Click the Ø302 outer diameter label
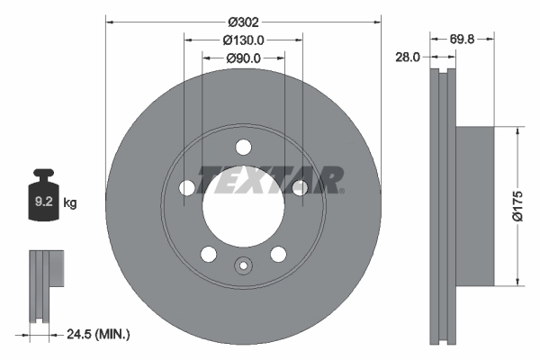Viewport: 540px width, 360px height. [243, 20]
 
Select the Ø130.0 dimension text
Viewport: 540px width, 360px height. [243, 40]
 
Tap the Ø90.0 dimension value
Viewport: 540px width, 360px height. [243, 58]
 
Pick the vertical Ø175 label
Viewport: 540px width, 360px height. [517, 205]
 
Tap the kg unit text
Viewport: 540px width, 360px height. [70, 203]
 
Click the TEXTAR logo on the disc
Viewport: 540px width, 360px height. [271, 179]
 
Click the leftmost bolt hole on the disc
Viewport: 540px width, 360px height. [187, 187]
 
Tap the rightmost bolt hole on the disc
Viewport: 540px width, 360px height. [299, 187]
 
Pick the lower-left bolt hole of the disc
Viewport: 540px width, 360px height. [209, 254]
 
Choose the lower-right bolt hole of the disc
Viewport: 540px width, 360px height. [278, 254]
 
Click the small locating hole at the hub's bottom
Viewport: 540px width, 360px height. [243, 265]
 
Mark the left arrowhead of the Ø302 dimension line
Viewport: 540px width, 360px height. [110, 20]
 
